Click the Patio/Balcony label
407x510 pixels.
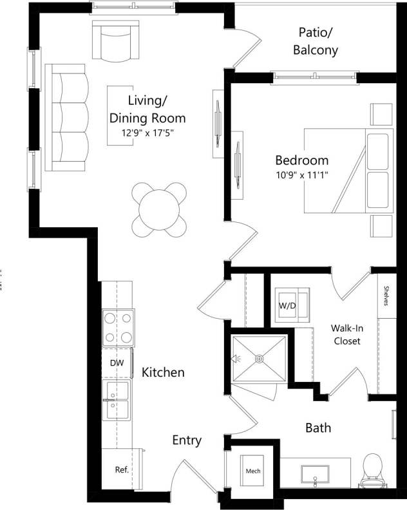[315, 41]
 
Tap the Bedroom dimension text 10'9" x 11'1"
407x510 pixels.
[301, 175]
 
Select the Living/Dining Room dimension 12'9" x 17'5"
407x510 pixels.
[148, 133]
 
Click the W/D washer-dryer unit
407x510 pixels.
[287, 305]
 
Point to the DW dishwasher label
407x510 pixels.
[117, 363]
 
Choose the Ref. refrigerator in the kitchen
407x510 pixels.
[122, 469]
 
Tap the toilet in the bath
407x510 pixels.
[373, 469]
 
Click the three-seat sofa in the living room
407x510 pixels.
[66, 118]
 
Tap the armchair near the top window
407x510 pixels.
[117, 41]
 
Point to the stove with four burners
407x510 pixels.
[118, 328]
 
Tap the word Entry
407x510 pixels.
[187, 440]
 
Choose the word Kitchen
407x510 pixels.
[163, 372]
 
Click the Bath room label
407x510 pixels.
[318, 428]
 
